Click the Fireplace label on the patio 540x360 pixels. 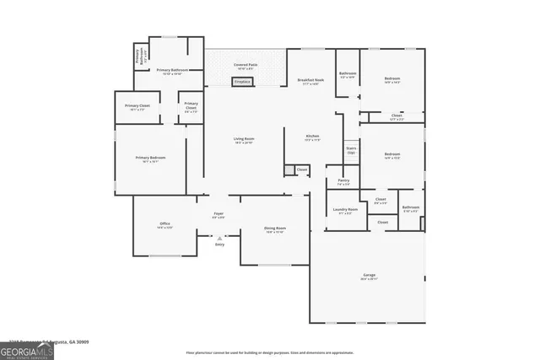pos(242,82)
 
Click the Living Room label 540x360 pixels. pos(245,140)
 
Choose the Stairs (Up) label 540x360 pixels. pos(351,150)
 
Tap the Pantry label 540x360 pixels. pos(343,181)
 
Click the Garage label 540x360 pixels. pos(369,277)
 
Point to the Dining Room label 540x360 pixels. pos(276,229)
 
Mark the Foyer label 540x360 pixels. pos(219,215)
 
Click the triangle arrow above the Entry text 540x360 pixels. pos(219,238)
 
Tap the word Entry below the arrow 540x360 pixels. pos(219,244)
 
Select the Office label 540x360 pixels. pos(165,225)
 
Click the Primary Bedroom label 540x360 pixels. pos(150,159)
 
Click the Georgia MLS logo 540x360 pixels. pos(27,350)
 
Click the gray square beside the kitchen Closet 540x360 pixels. pos(289,170)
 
